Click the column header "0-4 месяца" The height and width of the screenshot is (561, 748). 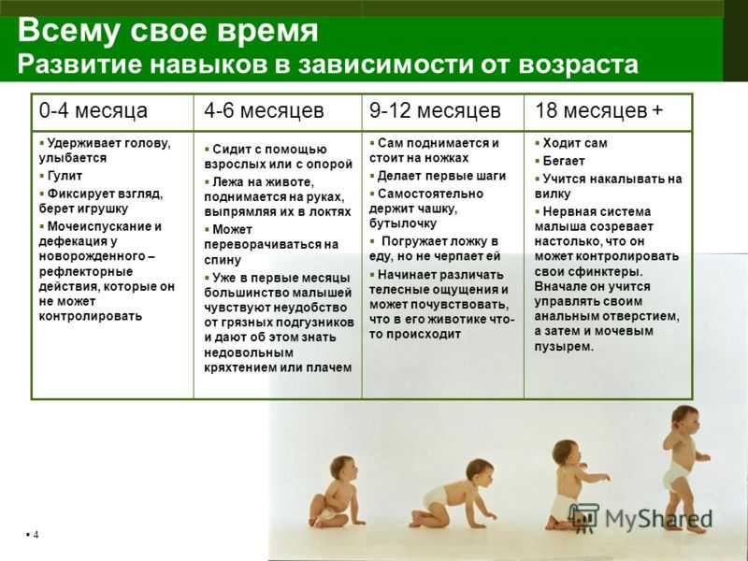[93, 110]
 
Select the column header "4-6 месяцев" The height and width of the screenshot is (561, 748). [264, 110]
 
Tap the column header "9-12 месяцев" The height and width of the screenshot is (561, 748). [435, 110]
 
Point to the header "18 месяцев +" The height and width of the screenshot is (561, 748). [599, 110]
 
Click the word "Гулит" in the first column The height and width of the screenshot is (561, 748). [65, 176]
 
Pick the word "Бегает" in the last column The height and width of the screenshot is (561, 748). [564, 161]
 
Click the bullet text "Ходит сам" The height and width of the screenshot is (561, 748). [575, 143]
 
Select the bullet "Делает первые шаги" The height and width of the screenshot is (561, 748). [441, 176]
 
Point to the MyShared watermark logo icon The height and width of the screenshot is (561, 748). [583, 518]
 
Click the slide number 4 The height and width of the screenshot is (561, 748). [36, 534]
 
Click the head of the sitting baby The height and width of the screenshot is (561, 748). [343, 469]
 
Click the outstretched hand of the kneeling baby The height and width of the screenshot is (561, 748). [604, 477]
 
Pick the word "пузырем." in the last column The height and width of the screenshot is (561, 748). [565, 347]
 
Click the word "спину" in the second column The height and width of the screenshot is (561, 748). [223, 261]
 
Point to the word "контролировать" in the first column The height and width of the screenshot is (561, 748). [90, 316]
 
